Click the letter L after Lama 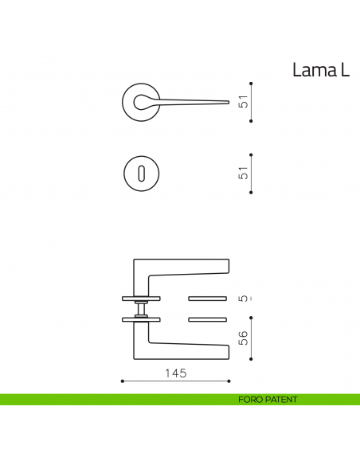click(345, 70)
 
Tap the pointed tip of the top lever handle click(229, 102)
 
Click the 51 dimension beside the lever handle click(245, 102)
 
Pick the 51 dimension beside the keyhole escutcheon click(245, 173)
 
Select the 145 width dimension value click(176, 373)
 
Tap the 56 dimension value click(245, 338)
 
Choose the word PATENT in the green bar click(282, 400)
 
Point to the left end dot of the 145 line click(122, 381)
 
